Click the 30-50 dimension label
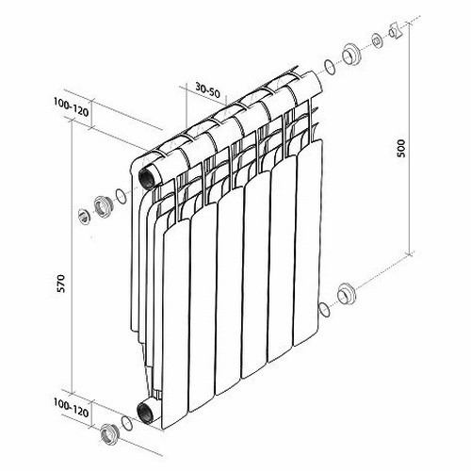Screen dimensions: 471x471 point(208,90)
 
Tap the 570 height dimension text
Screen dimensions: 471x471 point(61,284)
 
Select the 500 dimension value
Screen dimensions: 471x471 point(401,148)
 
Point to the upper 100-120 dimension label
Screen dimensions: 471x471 point(71,106)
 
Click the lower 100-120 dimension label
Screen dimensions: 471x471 point(71,407)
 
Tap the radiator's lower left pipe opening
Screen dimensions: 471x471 point(145,414)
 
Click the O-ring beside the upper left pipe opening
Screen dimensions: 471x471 point(121,197)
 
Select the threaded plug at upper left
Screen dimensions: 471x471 point(103,206)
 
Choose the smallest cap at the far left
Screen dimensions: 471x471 point(84,216)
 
